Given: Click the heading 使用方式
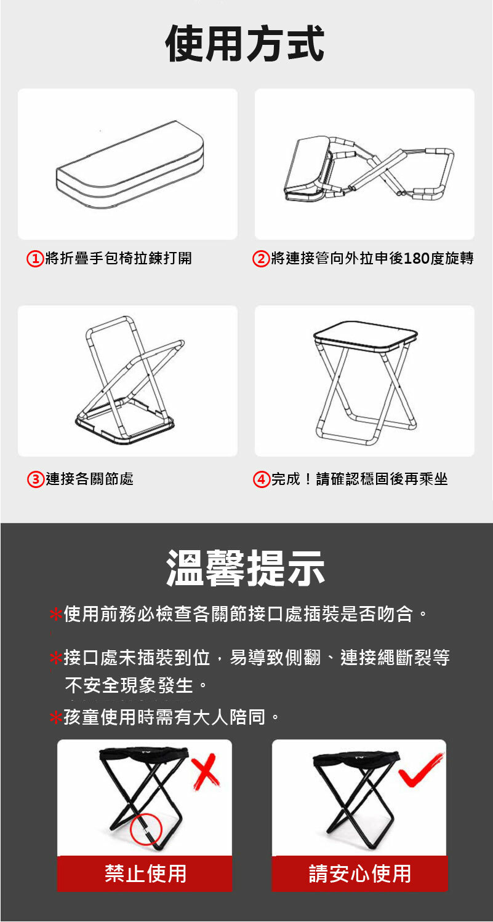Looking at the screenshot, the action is click(245, 43).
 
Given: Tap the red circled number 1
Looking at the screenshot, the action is click(35, 259).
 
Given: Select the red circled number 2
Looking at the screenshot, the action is click(260, 259).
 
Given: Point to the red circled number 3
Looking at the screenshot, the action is click(36, 479).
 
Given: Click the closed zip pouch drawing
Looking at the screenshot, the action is click(130, 164).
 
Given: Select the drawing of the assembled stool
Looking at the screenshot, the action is click(365, 382).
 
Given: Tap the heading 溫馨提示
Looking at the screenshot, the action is click(246, 568).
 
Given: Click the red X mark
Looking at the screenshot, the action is click(206, 771).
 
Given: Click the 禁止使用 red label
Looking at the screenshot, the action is click(145, 873).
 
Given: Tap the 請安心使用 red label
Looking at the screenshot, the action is click(359, 873).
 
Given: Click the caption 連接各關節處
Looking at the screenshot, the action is click(89, 479).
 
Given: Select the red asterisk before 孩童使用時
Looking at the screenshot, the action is click(55, 718).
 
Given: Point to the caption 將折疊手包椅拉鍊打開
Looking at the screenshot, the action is click(118, 259).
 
